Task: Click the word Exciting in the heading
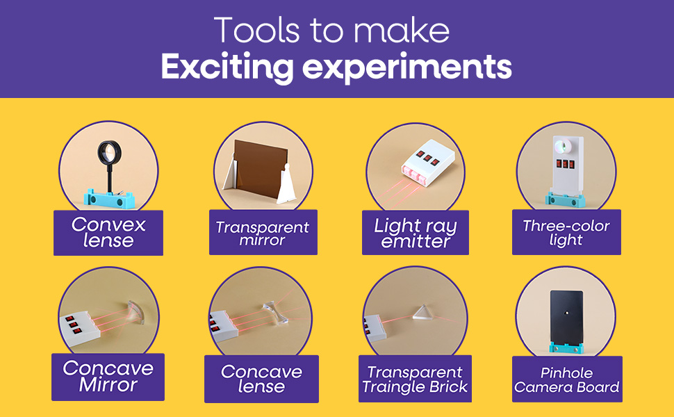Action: point(227,67)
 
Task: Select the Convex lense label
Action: point(108,233)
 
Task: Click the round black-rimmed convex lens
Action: point(109,153)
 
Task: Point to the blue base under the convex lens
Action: point(109,199)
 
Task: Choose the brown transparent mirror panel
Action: point(260,168)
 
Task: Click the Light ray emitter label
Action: point(416,233)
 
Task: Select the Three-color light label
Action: point(566,232)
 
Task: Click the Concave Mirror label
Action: point(108,377)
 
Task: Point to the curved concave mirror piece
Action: point(137,313)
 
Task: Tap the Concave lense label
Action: point(261,379)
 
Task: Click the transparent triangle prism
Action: point(422,313)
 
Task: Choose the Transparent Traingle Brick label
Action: point(415,379)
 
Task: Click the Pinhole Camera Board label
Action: point(567,379)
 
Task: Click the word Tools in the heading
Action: point(256,30)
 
